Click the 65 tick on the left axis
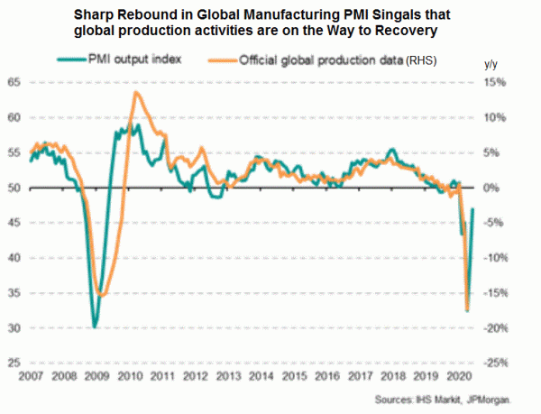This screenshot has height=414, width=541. [14, 82]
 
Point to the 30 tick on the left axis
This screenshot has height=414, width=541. [14, 328]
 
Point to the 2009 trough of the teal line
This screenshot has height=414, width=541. [95, 327]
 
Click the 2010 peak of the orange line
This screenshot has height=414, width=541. [135, 92]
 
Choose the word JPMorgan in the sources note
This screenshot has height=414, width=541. [496, 400]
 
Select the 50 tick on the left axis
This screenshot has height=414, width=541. [14, 188]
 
